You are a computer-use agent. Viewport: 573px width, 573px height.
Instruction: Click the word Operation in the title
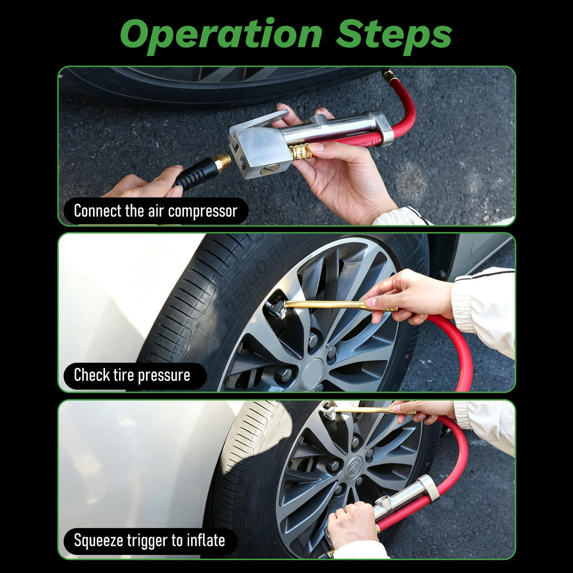(221, 36)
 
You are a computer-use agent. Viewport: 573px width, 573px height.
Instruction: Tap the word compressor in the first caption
(202, 212)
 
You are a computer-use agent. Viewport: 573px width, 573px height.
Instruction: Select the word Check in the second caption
(92, 374)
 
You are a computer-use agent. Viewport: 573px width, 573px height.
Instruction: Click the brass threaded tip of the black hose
(223, 163)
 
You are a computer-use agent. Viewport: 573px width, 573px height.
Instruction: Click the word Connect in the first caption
(97, 211)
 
